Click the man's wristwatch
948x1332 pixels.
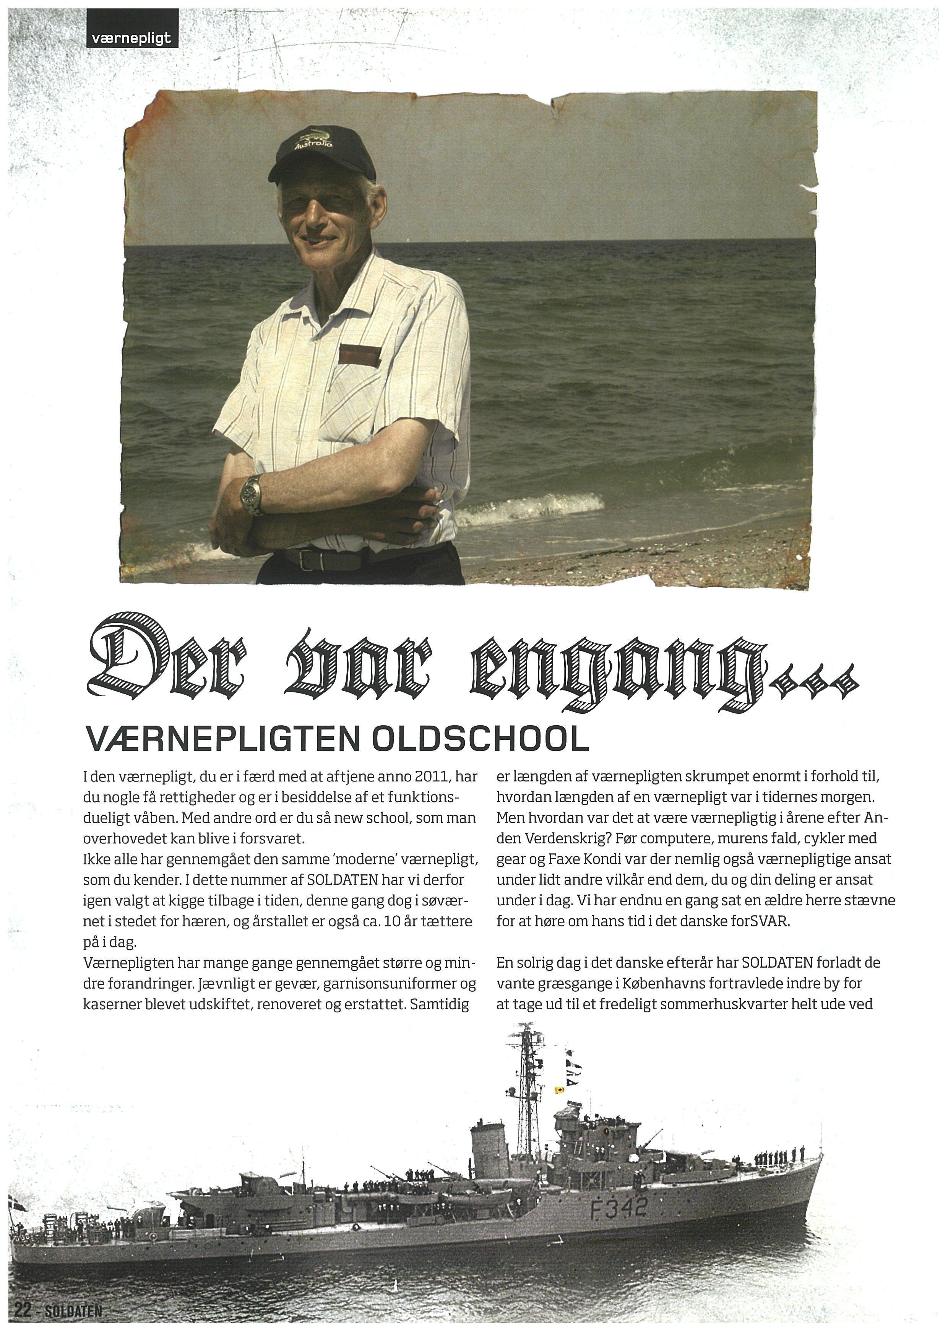click(x=253, y=494)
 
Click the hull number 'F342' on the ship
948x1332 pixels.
click(x=619, y=1206)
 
